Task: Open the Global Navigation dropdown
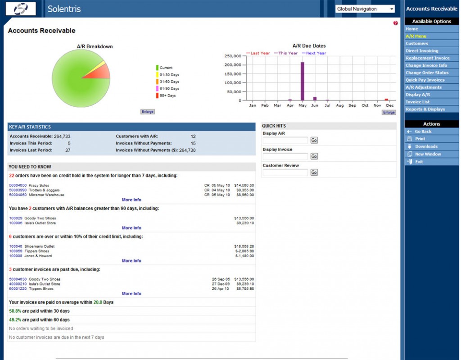365,9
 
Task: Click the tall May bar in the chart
302,81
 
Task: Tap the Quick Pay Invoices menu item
425,80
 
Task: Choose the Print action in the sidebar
420,139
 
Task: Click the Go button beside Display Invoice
314,156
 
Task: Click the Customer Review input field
285,173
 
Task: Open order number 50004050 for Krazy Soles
18,185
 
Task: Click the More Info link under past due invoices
131,294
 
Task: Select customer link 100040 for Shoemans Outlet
16,246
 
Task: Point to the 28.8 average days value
98,302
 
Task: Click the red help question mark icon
395,23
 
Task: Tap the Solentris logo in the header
21,9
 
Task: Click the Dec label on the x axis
389,105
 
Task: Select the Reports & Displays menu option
425,109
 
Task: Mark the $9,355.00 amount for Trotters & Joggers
245,190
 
